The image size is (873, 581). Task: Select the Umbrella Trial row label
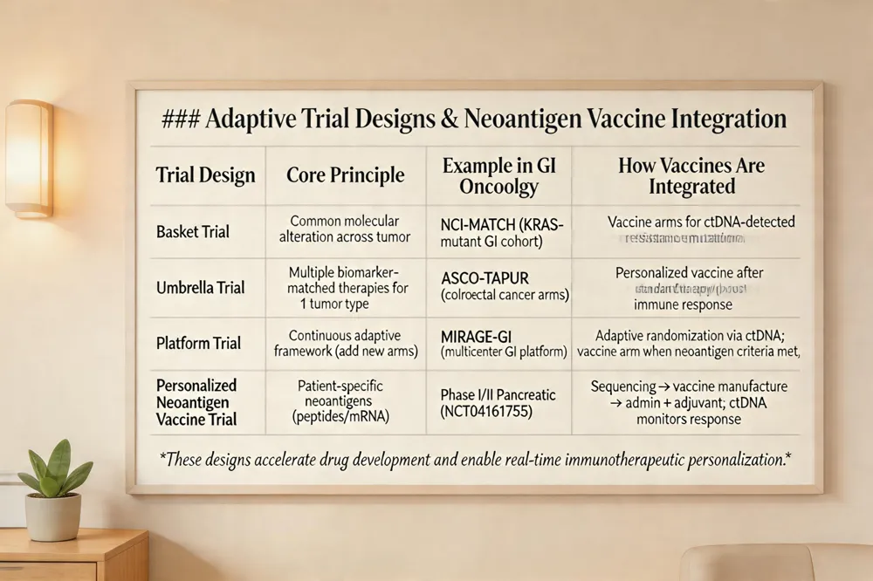pyautogui.click(x=201, y=287)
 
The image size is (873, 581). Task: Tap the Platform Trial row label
pyautogui.click(x=197, y=343)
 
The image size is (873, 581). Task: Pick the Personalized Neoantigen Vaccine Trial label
pyautogui.click(x=196, y=401)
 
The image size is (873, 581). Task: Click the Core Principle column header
pyautogui.click(x=345, y=174)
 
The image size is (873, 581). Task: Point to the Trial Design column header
pyautogui.click(x=205, y=174)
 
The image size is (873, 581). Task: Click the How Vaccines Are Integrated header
pyautogui.click(x=691, y=176)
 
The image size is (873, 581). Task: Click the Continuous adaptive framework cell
pyautogui.click(x=346, y=343)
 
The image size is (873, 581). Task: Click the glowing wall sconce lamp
pyautogui.click(x=29, y=158)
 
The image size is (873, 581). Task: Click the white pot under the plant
pyautogui.click(x=52, y=516)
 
